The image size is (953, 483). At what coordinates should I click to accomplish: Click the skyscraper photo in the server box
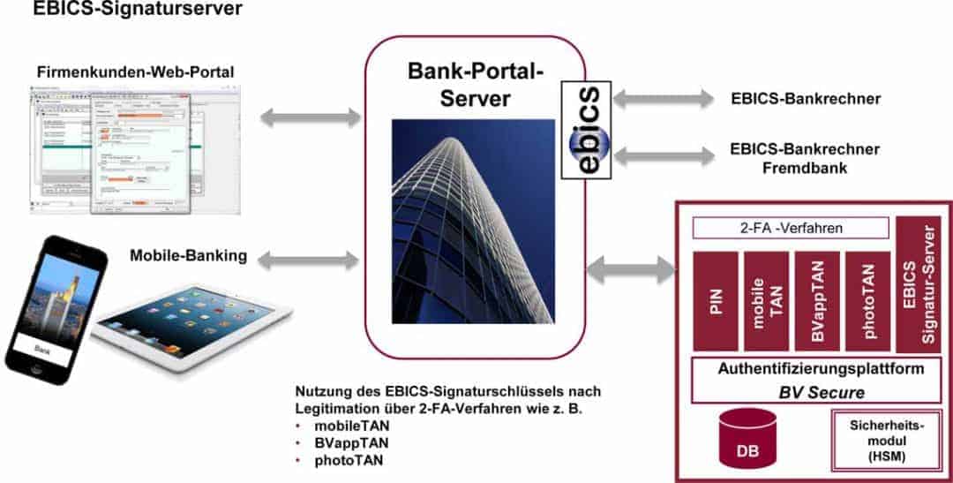473,221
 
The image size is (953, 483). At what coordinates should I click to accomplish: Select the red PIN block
716,300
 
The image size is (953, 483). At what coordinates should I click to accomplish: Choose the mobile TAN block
766,300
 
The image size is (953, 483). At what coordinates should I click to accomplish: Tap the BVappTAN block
817,300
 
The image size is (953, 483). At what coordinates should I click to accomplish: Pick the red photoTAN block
867,300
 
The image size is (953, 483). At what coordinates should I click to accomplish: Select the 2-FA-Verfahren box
791,228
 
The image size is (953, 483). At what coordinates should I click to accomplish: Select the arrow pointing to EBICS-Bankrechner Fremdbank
663,155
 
